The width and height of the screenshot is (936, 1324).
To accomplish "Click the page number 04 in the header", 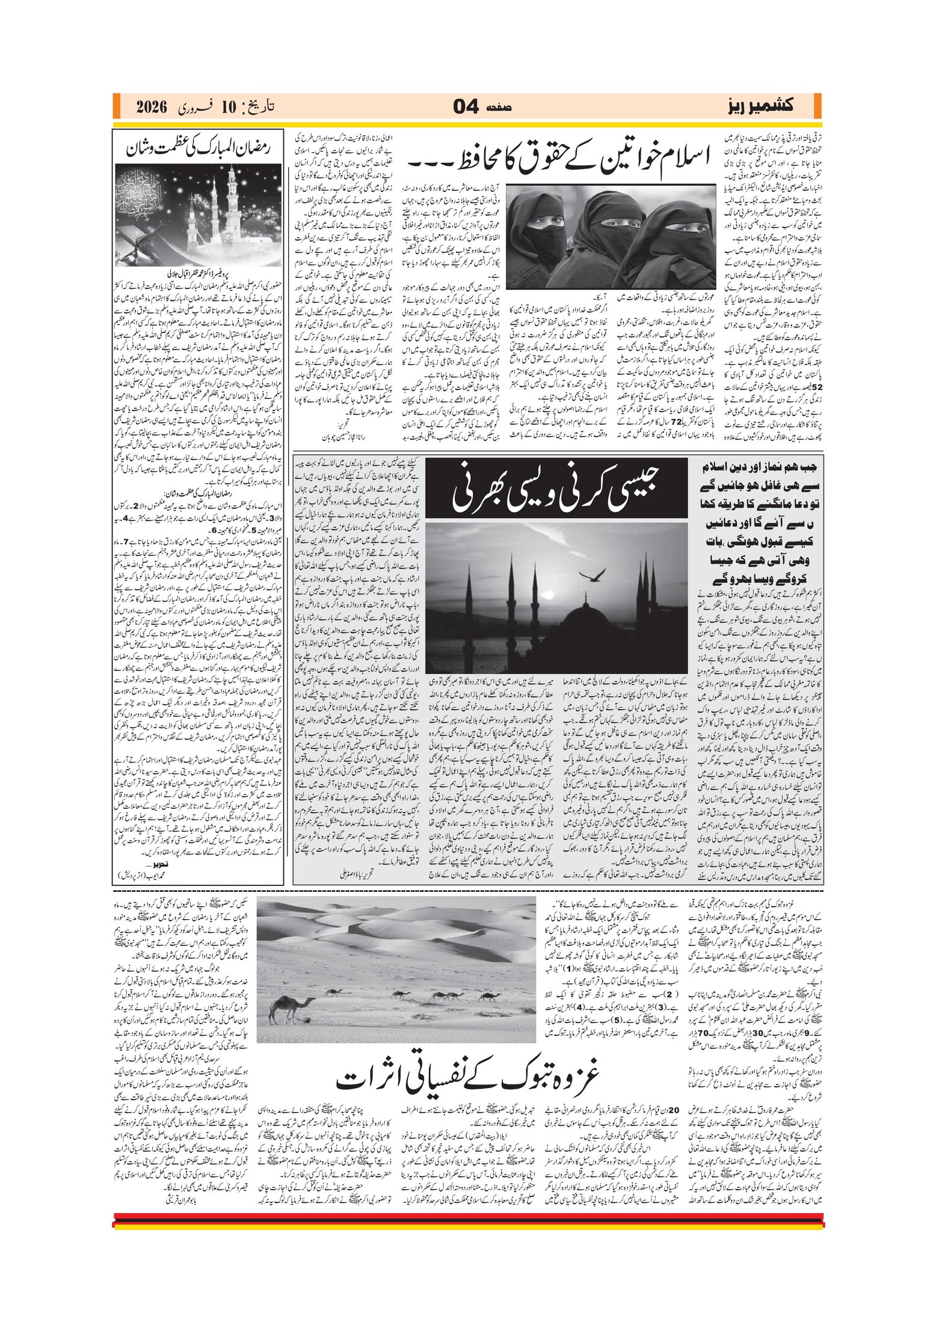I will [x=466, y=107].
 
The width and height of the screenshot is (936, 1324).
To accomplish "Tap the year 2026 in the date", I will [x=151, y=107].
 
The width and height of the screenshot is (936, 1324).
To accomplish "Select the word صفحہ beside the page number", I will [x=499, y=108].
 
